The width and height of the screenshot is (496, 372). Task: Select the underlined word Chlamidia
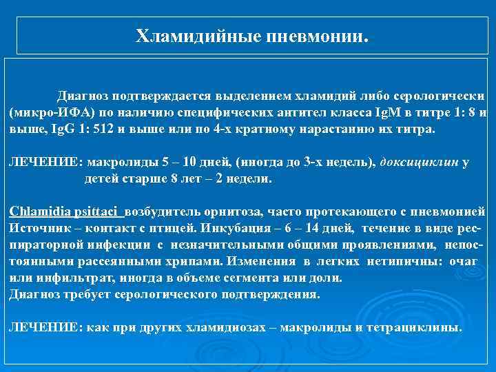[35, 210]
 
